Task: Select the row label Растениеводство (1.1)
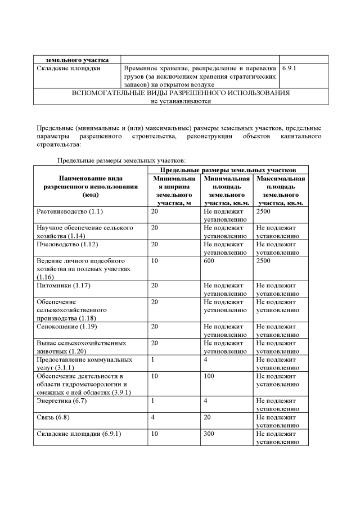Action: (70, 211)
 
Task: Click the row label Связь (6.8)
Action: (53, 418)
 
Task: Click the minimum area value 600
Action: (209, 261)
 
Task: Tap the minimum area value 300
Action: (209, 434)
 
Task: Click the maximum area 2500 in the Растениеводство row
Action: (264, 211)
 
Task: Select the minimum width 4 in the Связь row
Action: (153, 418)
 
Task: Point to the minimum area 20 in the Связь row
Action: (208, 418)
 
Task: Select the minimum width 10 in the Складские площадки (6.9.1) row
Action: (155, 434)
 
